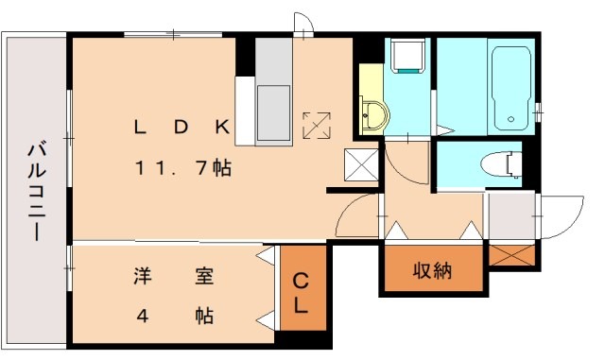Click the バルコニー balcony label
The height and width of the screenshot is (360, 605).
(x=36, y=190)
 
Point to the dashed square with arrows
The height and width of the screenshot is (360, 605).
(x=317, y=123)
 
